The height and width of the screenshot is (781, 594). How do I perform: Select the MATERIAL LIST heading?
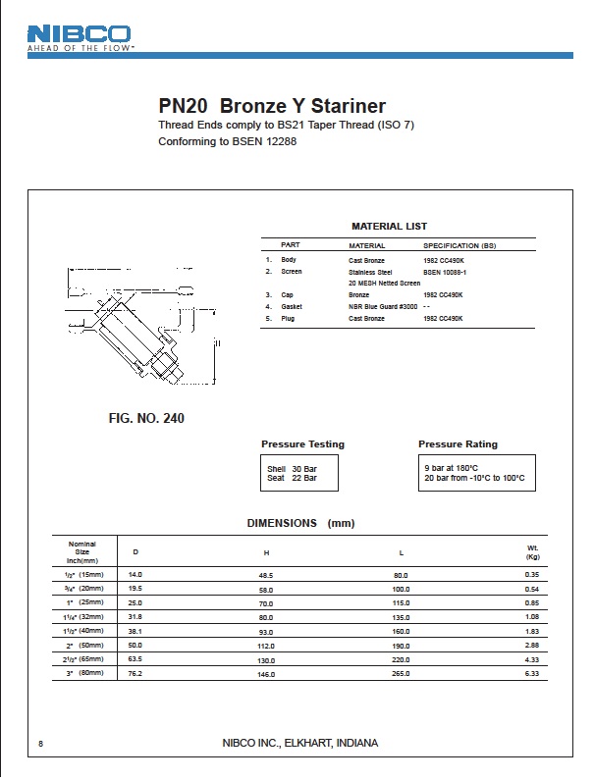coord(389,227)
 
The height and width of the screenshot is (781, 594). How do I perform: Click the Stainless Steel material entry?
coord(370,271)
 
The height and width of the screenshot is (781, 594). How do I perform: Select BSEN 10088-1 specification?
coord(445,271)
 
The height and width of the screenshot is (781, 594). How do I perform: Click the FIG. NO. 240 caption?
coord(146,419)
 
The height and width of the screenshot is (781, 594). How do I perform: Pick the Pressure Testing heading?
coord(302,444)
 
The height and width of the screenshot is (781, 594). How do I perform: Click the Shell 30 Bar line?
coord(292,469)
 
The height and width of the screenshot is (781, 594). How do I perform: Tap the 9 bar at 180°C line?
coord(451,468)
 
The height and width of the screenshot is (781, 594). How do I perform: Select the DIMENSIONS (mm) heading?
coord(299,523)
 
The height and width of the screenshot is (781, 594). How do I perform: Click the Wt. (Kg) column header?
coord(532,552)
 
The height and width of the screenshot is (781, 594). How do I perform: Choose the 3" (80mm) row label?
coord(83,674)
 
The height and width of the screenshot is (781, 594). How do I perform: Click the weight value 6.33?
coord(532,674)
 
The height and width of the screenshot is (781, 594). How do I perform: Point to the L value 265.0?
coord(401,674)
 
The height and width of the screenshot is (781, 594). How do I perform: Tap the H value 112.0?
coord(266,645)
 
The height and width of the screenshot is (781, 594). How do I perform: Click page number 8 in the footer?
coord(40,743)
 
